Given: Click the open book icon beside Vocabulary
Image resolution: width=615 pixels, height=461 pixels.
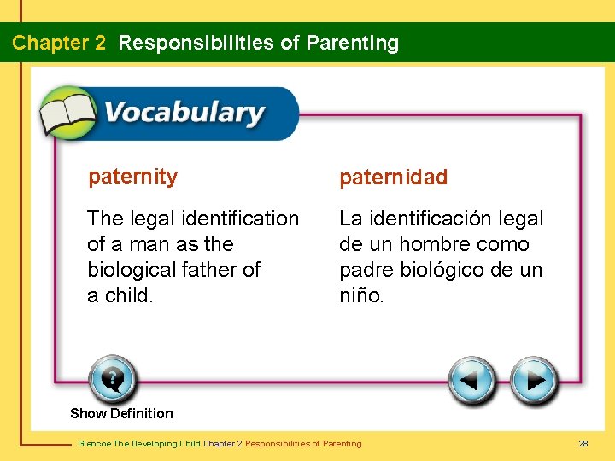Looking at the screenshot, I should click(x=68, y=113).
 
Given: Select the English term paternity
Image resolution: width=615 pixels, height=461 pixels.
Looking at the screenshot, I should click(x=133, y=177).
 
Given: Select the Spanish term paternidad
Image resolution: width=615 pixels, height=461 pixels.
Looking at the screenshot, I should click(x=393, y=178).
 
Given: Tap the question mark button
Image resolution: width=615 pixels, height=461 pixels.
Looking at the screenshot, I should click(x=112, y=378).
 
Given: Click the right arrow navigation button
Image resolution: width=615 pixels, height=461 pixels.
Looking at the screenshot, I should click(x=534, y=379).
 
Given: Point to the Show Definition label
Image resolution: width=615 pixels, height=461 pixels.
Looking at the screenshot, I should click(x=121, y=413).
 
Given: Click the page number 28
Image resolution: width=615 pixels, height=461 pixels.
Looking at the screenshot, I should click(x=583, y=443).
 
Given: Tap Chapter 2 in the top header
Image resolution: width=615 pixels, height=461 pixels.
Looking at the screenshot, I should click(x=59, y=43).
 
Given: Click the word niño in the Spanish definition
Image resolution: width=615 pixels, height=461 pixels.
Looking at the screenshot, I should click(x=360, y=295).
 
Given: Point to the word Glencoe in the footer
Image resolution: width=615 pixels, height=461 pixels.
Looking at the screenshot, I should click(x=93, y=443).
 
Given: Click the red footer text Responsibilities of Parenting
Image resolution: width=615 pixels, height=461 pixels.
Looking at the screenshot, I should click(x=303, y=443).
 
